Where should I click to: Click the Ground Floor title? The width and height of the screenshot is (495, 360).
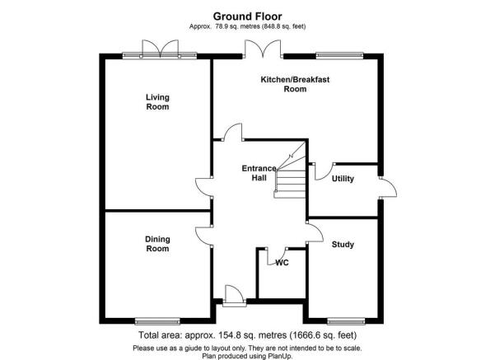pos(247,16)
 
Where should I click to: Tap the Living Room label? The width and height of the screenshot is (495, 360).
pos(157,102)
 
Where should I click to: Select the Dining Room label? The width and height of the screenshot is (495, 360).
pos(157,244)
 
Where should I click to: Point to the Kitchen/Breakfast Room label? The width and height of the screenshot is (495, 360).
pos(295,84)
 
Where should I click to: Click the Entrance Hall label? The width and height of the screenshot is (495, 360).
pos(259,173)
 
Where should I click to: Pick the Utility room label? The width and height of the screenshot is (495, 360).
pos(343,179)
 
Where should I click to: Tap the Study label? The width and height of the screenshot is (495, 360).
pos(343,245)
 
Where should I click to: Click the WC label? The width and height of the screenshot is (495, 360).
pos(282,263)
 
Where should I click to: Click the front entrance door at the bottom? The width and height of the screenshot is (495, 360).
pos(234,297)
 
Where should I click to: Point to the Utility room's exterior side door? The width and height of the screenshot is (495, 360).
pos(388,188)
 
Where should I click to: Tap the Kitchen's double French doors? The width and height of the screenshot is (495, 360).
pos(263,49)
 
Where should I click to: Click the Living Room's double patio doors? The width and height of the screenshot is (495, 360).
pos(161,49)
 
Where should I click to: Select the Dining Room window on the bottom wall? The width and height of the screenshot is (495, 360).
pos(157,321)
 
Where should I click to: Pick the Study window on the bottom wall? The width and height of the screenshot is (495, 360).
pos(346,321)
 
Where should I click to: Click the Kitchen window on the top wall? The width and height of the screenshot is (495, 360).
pos(339,56)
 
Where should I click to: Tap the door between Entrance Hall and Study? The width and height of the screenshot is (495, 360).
pos(315,233)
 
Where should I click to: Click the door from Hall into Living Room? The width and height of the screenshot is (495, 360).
pos(204,188)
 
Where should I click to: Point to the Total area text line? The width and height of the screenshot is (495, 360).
pos(247,335)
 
